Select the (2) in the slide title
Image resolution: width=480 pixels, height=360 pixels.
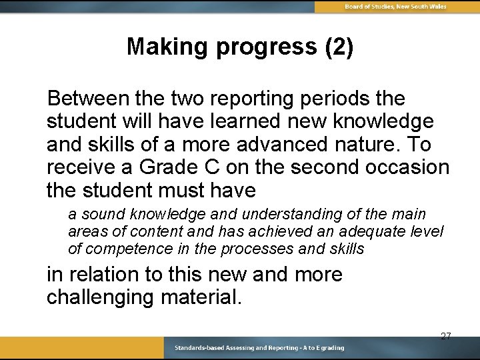(x=338, y=47)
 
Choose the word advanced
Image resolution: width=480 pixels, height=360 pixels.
(x=276, y=145)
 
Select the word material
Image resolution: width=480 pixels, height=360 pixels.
(x=201, y=297)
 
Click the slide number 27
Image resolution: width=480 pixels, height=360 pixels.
(x=445, y=336)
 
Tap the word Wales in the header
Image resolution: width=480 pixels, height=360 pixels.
(x=437, y=6)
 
